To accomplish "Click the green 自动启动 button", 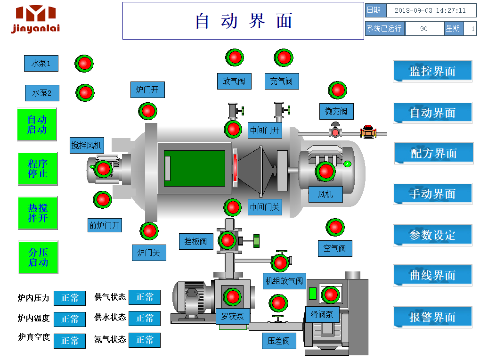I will pos(37,124).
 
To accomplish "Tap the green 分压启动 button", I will pos(38,257).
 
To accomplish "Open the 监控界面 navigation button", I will pos(432,71).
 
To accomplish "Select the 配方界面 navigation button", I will pos(434,153).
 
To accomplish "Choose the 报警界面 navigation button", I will pos(432,317).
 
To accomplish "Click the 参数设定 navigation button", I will pos(432,235).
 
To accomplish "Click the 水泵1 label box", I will pos(41,63).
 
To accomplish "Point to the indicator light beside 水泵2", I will pos(85,92).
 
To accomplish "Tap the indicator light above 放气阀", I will pos(235,57).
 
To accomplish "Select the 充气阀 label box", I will pos(282,81).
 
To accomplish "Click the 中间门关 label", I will pos(265,206).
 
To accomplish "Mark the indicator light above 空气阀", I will pos(335,227).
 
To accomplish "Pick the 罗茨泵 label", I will pos(233,316).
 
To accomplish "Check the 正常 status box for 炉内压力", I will pos(70,298).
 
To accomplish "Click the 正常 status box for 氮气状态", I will pos(145,340).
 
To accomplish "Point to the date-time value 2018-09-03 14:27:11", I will pos(430,10).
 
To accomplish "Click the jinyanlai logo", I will pos(36,19).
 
